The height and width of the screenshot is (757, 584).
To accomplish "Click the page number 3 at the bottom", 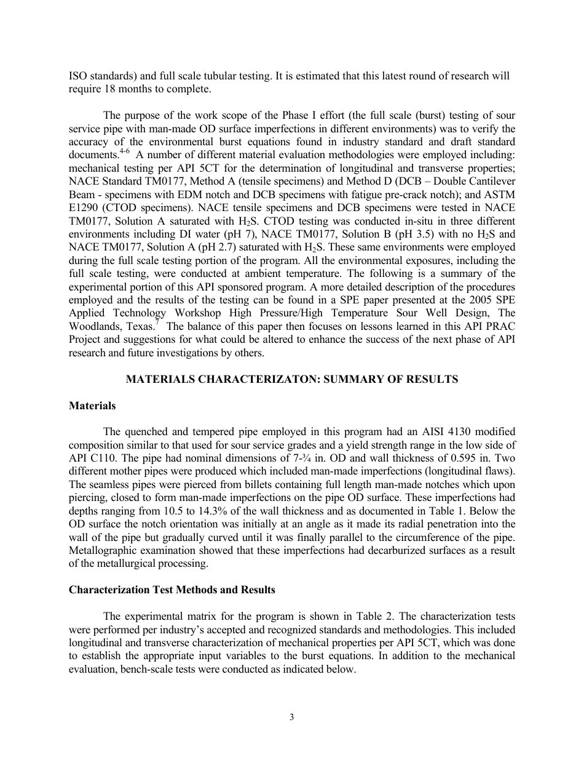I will pyautogui.click(x=292, y=717).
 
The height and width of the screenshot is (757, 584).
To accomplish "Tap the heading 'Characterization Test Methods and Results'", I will pyautogui.click(x=172, y=590).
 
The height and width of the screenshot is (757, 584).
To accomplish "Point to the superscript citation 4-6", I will pyautogui.click(x=124, y=149).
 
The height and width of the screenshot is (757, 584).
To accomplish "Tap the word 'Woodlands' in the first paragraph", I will pyautogui.click(x=93, y=326).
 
